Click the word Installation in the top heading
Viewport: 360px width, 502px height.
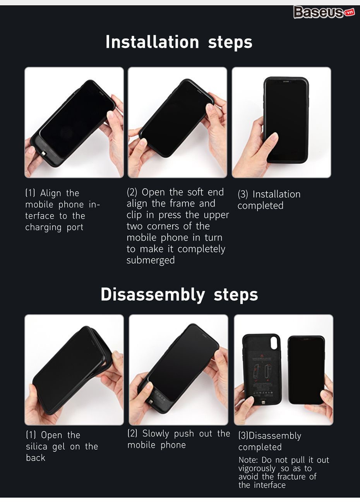tap(153, 42)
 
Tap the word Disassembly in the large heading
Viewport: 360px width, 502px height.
tap(153, 294)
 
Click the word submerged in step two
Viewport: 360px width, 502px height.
tap(151, 260)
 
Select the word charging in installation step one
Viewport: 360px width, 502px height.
tap(43, 227)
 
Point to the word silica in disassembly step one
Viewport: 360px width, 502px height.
tap(36, 447)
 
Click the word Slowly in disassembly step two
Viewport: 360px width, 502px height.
tap(156, 434)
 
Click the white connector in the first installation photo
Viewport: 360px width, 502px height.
tap(43, 154)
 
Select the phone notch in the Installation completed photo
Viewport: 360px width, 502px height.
tap(285, 82)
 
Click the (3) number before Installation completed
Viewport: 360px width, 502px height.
tap(243, 194)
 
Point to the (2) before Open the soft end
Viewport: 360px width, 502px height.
tap(132, 192)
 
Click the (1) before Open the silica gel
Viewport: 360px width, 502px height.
tap(31, 435)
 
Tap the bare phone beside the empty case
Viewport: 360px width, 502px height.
tap(307, 370)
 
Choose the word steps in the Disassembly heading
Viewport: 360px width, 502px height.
tap(236, 296)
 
